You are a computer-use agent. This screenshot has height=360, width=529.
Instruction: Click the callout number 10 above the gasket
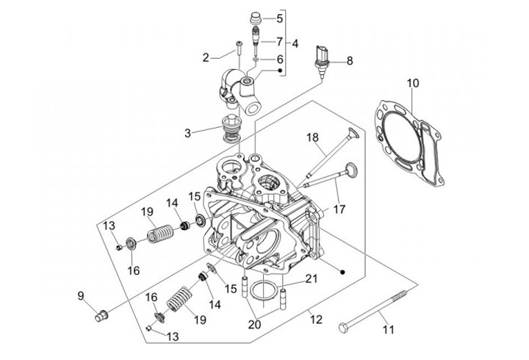pos(413,83)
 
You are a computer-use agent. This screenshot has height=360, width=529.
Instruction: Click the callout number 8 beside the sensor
pos(350,61)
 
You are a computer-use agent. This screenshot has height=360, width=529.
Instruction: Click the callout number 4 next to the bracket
pos(295,43)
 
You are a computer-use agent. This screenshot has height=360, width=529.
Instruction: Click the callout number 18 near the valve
pos(313,137)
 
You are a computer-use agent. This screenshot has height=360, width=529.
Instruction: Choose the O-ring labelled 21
pos(263,289)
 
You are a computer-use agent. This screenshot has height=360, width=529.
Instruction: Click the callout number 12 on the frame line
pos(316,319)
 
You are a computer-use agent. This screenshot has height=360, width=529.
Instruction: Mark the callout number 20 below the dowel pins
pos(254,325)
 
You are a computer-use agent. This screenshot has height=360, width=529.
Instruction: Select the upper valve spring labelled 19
pos(161,233)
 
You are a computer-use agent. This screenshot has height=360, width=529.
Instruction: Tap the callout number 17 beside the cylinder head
pos(339,209)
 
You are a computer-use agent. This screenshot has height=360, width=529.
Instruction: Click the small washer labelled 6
pos(256,60)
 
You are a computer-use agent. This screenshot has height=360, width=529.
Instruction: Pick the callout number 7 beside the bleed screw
pos(279,41)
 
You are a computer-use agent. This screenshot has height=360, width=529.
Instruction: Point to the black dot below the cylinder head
pos(343,272)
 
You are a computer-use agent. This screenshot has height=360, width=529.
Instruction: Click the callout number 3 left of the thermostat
pos(187,133)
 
